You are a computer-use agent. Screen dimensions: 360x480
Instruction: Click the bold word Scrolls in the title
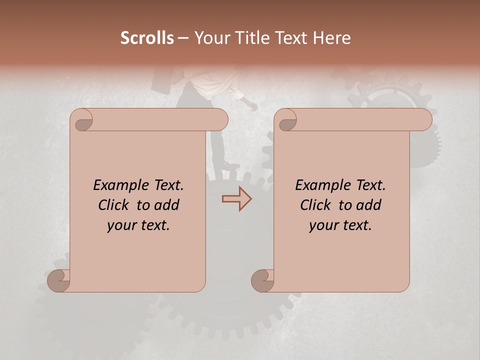coord(147,38)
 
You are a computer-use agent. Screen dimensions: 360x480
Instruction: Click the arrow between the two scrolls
coord(237,198)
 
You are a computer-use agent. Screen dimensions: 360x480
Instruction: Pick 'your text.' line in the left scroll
coord(138,225)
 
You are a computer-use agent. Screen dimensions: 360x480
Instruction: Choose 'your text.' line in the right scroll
coord(340,225)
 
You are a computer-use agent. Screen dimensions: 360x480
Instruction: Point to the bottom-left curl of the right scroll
coord(262,280)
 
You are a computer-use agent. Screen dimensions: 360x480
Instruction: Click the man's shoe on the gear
coord(231,165)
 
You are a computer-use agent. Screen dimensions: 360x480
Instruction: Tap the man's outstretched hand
coord(253,107)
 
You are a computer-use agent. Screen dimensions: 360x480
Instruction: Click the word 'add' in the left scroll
coord(166,205)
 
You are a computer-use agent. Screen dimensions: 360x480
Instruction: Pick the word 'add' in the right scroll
coord(368,205)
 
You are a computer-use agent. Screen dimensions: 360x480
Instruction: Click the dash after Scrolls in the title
coord(183,38)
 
